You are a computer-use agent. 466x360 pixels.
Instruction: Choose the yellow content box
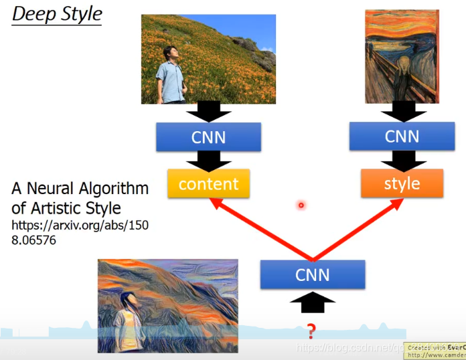click(x=208, y=183)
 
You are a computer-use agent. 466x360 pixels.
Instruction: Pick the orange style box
click(x=402, y=183)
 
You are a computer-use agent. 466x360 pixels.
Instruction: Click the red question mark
click(x=311, y=330)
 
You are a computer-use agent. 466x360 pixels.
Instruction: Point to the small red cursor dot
click(x=301, y=205)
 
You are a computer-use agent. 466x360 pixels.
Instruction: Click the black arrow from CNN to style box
click(x=402, y=159)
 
